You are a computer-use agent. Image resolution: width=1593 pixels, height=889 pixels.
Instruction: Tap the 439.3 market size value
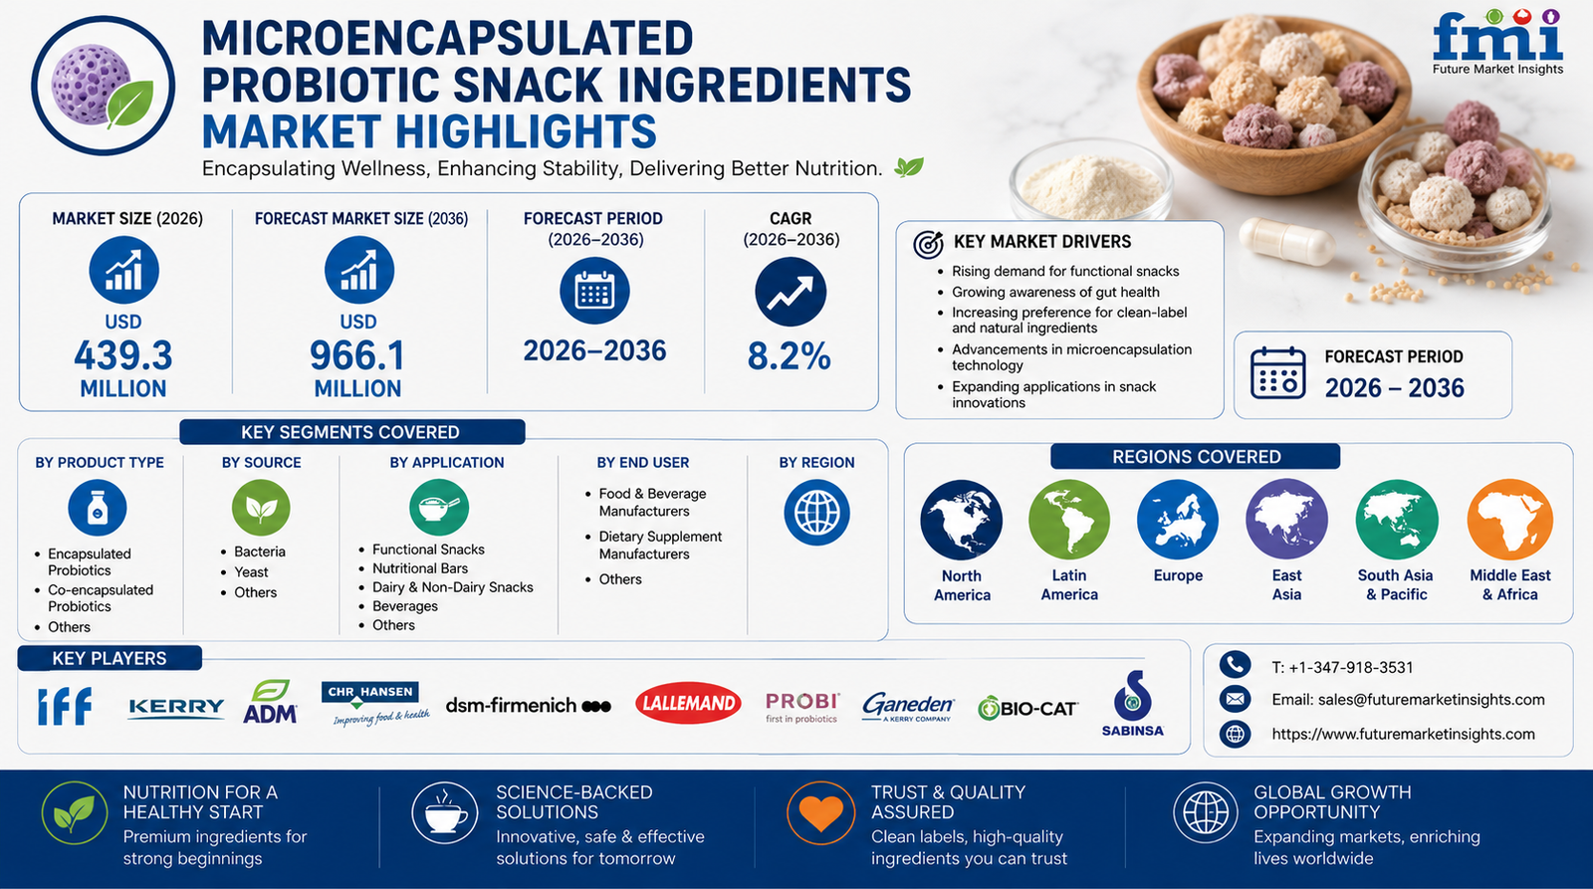(x=123, y=355)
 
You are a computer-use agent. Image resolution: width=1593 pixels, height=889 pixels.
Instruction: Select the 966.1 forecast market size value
(x=357, y=355)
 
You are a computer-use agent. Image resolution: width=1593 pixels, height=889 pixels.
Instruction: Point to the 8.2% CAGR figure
(x=790, y=356)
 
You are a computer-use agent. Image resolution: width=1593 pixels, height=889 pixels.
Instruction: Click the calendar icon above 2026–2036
(x=594, y=291)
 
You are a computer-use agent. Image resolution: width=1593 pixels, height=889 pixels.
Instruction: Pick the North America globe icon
(x=962, y=521)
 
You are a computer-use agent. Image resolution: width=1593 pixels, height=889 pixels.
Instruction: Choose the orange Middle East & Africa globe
(x=1509, y=520)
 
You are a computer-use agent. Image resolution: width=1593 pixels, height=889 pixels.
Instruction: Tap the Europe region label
(x=1178, y=575)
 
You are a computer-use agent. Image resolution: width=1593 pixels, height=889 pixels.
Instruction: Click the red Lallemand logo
(x=688, y=704)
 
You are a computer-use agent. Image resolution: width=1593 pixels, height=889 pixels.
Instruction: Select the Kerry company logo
(x=176, y=708)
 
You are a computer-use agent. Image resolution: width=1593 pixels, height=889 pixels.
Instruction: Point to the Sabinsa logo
(x=1133, y=704)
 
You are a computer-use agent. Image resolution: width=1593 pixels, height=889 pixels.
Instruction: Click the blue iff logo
(x=65, y=706)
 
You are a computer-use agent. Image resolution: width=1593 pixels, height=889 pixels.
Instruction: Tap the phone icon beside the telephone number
(x=1236, y=664)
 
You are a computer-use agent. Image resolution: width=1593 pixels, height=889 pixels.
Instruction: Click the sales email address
(x=1408, y=700)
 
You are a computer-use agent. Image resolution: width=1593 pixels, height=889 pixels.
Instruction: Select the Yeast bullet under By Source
(x=251, y=571)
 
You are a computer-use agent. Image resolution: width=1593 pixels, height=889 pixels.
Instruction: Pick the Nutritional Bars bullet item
(x=419, y=568)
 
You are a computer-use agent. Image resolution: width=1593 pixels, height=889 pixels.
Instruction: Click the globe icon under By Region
(x=816, y=512)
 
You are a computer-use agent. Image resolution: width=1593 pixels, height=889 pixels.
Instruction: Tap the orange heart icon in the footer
(x=820, y=813)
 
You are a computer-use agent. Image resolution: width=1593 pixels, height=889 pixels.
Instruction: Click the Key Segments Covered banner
(x=352, y=432)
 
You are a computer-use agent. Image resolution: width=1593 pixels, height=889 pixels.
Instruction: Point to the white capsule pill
(x=1287, y=242)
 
